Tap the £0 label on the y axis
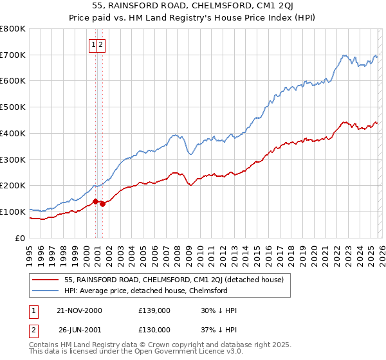(x=21, y=238)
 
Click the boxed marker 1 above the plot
(x=94, y=45)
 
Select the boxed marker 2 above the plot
(x=102, y=45)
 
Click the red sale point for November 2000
(x=96, y=201)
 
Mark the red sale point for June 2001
(x=103, y=204)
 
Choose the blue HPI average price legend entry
(x=146, y=291)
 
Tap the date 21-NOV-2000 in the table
(x=80, y=310)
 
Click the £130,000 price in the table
(x=154, y=330)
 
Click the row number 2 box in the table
(x=35, y=330)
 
